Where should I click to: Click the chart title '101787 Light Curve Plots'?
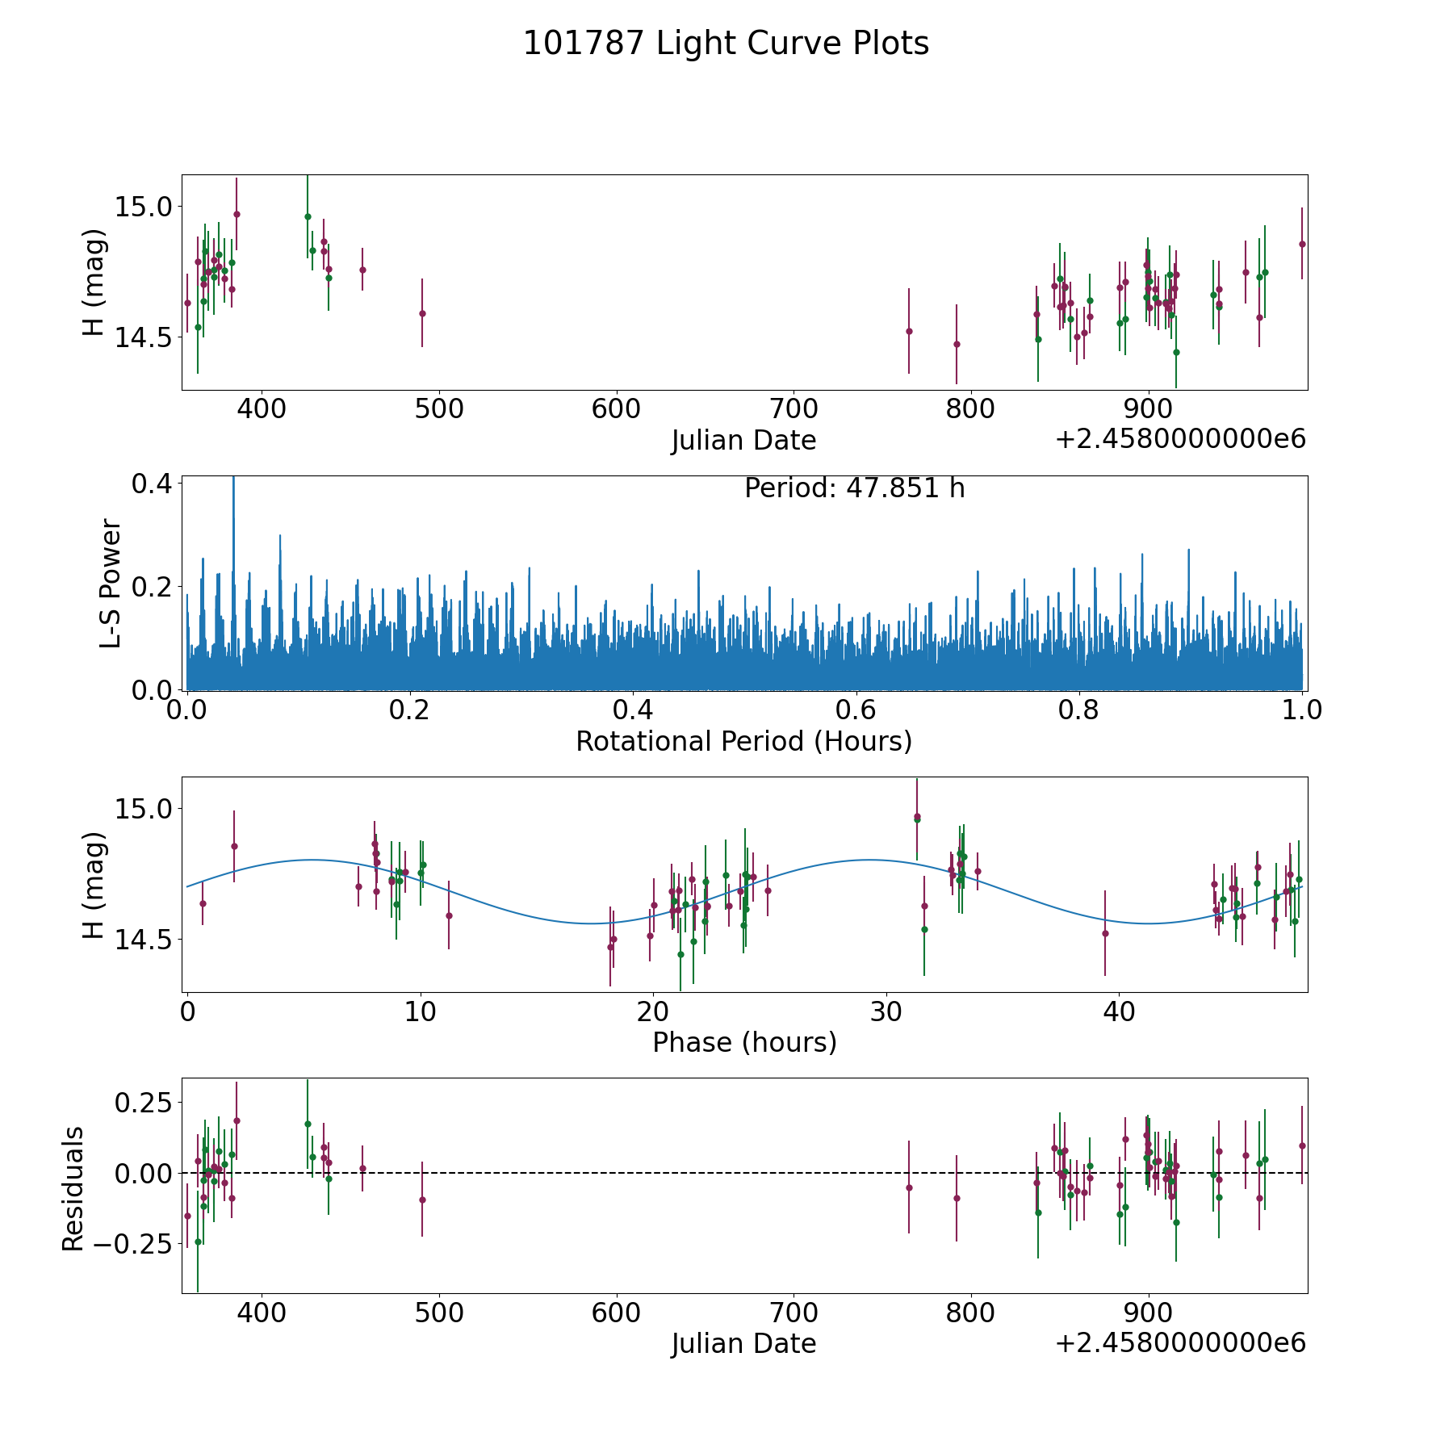pyautogui.click(x=726, y=44)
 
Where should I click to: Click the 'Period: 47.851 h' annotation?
pyautogui.click(x=855, y=488)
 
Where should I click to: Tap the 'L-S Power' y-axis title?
pyautogui.click(x=111, y=584)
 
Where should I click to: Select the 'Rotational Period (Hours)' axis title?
pyautogui.click(x=743, y=741)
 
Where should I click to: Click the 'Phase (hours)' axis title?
pyautogui.click(x=744, y=1042)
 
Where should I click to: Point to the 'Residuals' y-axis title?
pyautogui.click(x=73, y=1188)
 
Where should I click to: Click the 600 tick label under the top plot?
pyautogui.click(x=616, y=408)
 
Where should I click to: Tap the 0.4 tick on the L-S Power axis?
pyautogui.click(x=152, y=484)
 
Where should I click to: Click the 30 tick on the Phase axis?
pyautogui.click(x=886, y=1011)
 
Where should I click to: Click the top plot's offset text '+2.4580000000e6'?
pyautogui.click(x=1180, y=439)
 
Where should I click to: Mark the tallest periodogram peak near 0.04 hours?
pyautogui.click(x=233, y=477)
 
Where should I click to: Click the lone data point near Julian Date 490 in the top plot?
pyautogui.click(x=422, y=313)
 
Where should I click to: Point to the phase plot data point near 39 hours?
pyautogui.click(x=1105, y=934)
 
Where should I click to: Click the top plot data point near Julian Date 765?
pyautogui.click(x=909, y=331)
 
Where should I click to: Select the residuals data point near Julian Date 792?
pyautogui.click(x=957, y=1198)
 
